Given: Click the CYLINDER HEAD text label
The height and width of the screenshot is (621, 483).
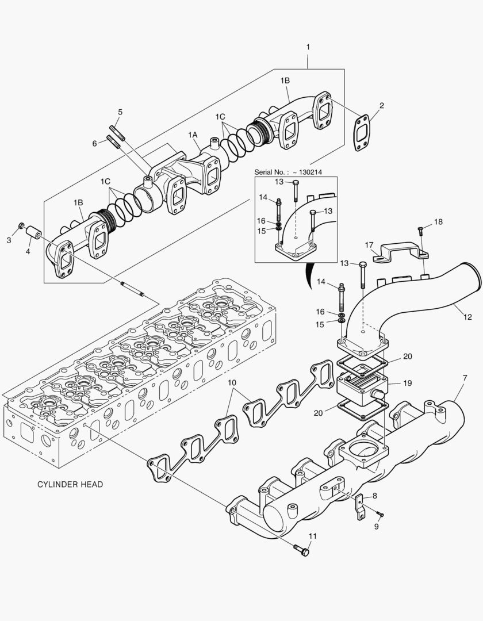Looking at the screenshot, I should click(x=70, y=484).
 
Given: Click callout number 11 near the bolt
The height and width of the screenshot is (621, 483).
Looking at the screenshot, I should click(x=312, y=536).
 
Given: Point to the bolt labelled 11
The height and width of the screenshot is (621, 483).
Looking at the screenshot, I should click(x=301, y=550).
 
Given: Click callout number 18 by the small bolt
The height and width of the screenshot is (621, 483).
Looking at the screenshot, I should click(x=438, y=222).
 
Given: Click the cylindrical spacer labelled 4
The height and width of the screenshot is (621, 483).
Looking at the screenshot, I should click(x=33, y=234).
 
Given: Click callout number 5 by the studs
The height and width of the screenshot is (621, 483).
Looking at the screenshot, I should click(x=120, y=112).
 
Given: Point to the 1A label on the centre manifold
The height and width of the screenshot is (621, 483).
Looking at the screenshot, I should click(x=193, y=135).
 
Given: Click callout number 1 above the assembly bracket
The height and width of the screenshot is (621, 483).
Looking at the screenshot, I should click(x=308, y=45).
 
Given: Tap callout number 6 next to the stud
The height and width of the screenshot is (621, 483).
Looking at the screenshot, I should click(x=95, y=144).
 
